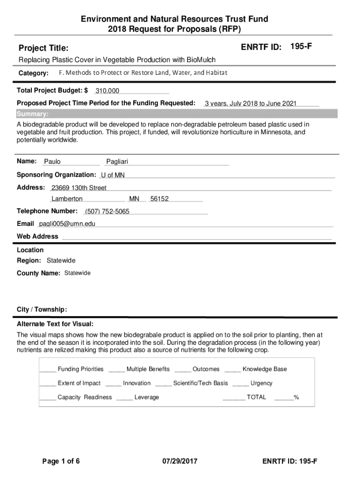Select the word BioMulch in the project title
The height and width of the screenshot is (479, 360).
(201, 60)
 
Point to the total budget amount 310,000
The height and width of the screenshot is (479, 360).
(107, 91)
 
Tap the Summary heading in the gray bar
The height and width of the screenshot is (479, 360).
(32, 114)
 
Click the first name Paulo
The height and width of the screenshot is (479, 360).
(52, 162)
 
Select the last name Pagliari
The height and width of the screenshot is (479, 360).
(117, 162)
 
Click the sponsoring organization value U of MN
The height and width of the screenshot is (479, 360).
(113, 175)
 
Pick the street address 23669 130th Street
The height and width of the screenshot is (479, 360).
(79, 188)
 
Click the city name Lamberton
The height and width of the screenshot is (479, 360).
(67, 199)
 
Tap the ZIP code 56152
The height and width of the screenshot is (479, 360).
(159, 199)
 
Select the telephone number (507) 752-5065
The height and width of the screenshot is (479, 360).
(107, 211)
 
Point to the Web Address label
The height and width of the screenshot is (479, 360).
(37, 236)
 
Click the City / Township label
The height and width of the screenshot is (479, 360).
(42, 310)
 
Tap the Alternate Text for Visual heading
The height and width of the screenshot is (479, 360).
(55, 324)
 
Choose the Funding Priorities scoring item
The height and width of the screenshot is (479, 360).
(80, 369)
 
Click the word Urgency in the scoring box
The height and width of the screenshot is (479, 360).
(261, 383)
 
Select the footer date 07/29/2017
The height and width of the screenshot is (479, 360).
(180, 461)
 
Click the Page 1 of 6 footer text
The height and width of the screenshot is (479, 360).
(61, 461)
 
